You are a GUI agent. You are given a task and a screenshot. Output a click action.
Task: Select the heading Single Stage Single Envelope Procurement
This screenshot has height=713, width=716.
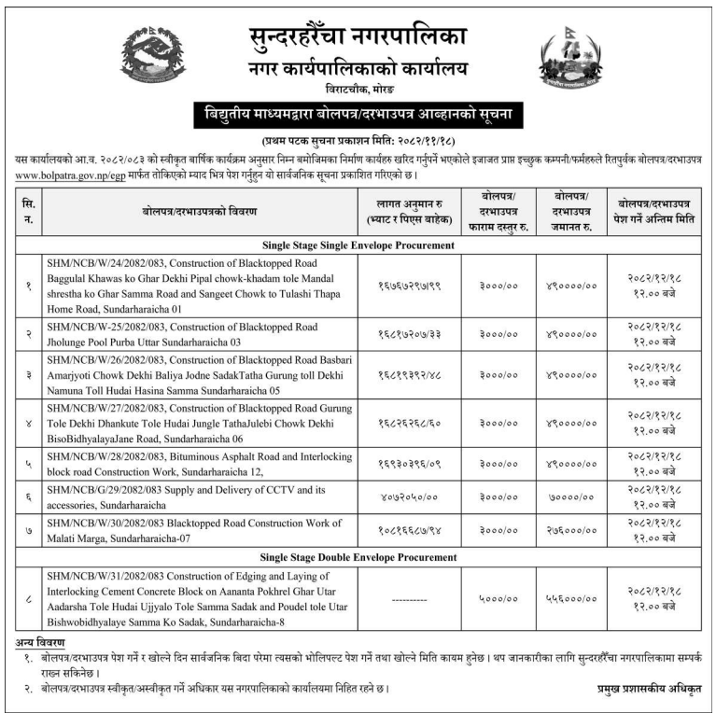[x=358, y=246]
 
